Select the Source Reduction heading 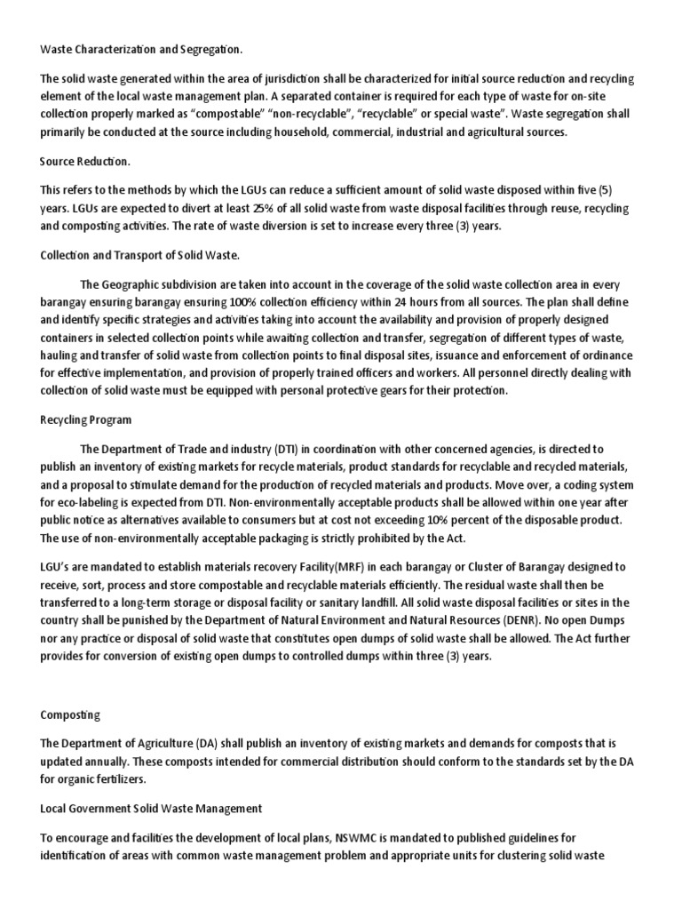(x=85, y=162)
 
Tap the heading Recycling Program (x=86, y=419)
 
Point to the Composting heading (x=70, y=714)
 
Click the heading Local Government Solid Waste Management (x=151, y=808)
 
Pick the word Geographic (x=139, y=284)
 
